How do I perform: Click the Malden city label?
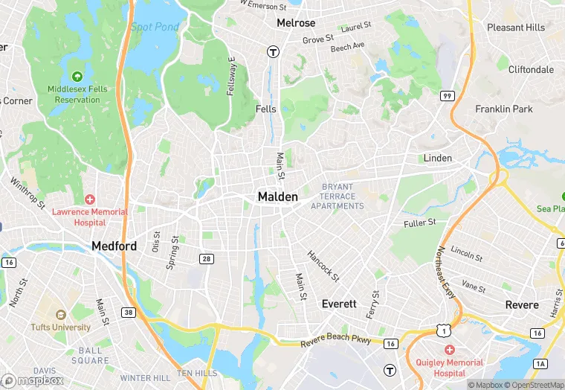[277, 196]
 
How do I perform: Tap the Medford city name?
[114, 246]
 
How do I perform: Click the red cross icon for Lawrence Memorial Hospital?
[90, 199]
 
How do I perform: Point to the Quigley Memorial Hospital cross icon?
[449, 350]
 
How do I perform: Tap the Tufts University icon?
[61, 315]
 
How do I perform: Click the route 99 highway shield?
[447, 95]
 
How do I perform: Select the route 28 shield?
[206, 258]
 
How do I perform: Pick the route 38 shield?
[129, 313]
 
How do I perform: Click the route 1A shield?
[540, 363]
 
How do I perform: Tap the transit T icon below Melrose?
[274, 52]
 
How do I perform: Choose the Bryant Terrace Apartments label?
[338, 196]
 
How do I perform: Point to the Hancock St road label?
[324, 265]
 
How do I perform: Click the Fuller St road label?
[419, 223]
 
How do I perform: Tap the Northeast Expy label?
[447, 272]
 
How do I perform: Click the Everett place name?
[339, 304]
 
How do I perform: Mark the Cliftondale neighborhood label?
[531, 69]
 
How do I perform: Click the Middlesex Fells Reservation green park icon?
[77, 76]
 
